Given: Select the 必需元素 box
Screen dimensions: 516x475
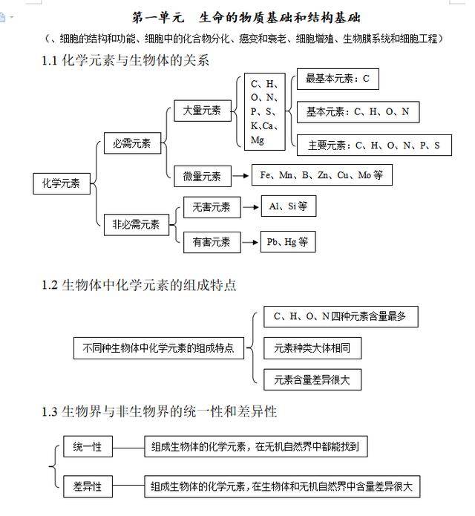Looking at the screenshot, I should point(131,144).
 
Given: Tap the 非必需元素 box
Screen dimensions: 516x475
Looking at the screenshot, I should point(136,224).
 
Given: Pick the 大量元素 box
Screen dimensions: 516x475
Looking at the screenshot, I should point(202,111).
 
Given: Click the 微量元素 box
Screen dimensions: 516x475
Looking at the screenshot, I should point(202,177).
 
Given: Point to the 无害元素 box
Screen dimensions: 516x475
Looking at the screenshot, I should point(212,207).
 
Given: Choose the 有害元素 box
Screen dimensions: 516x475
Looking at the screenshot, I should point(212,241).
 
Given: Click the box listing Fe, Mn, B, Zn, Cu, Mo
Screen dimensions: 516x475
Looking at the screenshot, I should point(321,176).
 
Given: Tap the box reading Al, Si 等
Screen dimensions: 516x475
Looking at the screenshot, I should point(288,207).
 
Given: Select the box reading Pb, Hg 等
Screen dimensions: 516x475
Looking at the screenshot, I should point(288,242).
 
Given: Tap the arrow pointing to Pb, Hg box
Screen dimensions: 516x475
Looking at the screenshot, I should point(249,242).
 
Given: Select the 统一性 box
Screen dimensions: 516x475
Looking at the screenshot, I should point(87,446).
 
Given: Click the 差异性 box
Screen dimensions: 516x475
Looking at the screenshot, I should point(87,487).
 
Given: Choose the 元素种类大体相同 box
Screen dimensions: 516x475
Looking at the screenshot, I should point(312,347).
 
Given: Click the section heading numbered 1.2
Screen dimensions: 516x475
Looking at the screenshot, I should point(140,284).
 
